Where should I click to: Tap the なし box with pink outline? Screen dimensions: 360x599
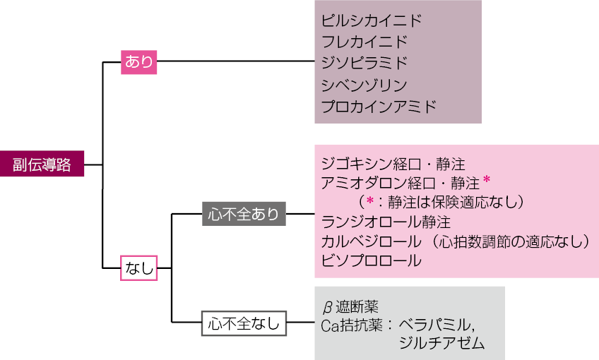[138, 269]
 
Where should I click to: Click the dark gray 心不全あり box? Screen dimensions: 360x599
[244, 213]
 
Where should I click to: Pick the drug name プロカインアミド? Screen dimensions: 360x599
[379, 107]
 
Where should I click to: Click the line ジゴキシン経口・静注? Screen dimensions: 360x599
[392, 164]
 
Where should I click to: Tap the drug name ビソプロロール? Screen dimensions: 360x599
[371, 261]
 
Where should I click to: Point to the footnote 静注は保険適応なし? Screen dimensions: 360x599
[452, 203]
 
